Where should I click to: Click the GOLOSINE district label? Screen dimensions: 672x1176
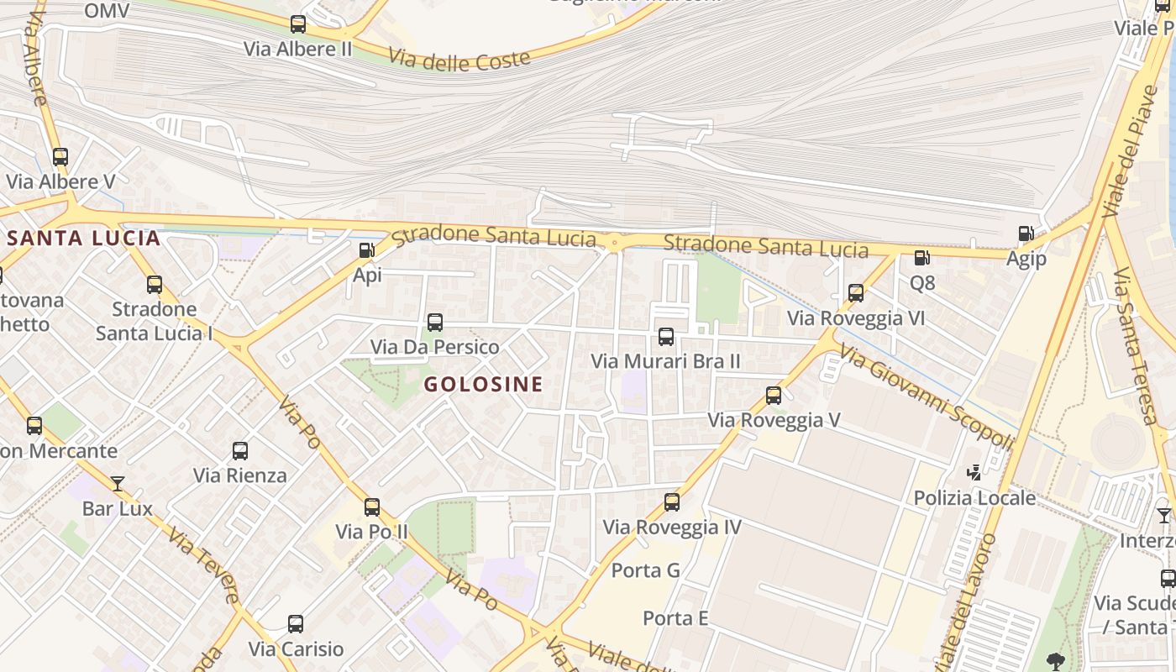[x=483, y=385]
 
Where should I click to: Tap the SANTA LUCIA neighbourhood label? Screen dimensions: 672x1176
[x=83, y=238]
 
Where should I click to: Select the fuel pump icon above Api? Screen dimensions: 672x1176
[x=366, y=249]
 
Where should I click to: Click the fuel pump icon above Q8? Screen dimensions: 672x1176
[x=921, y=258]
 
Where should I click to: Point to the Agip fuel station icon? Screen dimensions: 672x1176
[x=1026, y=234]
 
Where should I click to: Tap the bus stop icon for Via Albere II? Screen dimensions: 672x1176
[x=298, y=24]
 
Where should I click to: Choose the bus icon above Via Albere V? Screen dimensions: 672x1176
[x=60, y=157]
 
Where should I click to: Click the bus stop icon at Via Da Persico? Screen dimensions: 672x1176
[x=435, y=322]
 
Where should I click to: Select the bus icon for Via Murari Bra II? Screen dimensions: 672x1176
[x=666, y=337]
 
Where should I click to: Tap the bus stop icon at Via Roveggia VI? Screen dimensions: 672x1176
[x=856, y=293]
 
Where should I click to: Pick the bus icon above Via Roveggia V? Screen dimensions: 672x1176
[x=774, y=395]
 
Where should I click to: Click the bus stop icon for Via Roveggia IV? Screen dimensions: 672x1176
[x=672, y=502]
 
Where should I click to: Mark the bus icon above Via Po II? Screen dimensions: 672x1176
[x=372, y=507]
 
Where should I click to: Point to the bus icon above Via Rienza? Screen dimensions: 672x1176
[x=240, y=451]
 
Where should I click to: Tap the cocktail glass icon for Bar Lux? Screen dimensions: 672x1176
[x=118, y=484]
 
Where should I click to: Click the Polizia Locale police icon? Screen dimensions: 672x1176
[x=974, y=473]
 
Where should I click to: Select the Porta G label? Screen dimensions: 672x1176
[x=645, y=570]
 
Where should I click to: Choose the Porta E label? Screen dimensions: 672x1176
[x=675, y=619]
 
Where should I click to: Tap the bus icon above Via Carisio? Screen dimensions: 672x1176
[x=296, y=624]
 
